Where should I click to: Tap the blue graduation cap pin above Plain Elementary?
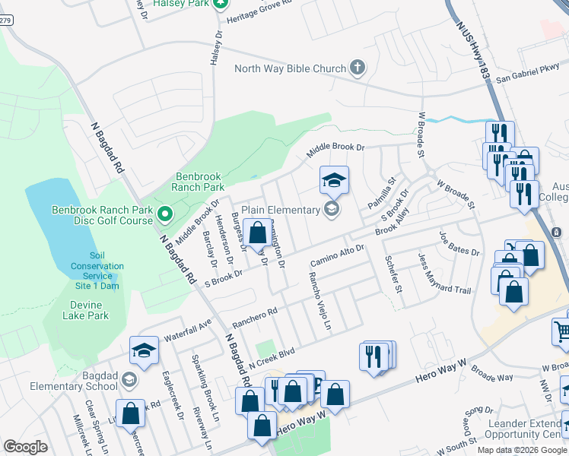click(334, 180)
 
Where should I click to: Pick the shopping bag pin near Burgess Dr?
click(258, 233)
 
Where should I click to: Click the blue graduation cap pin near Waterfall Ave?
click(144, 350)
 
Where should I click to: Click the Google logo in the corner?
click(25, 446)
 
